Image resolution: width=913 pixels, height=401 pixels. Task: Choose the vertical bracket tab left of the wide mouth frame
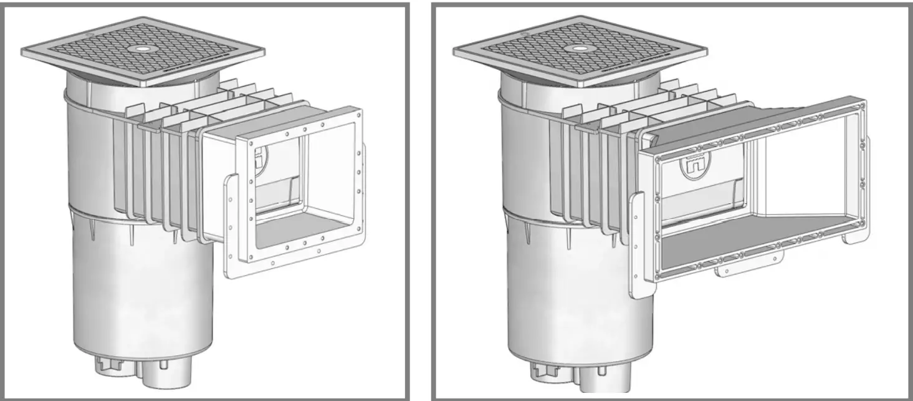(636, 244)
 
